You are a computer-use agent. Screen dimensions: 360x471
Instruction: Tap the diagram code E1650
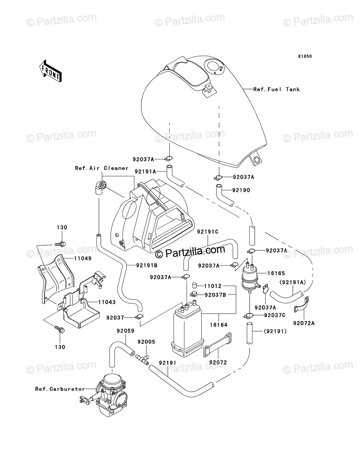(x=305, y=57)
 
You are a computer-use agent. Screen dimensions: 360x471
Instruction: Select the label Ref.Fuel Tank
(x=276, y=89)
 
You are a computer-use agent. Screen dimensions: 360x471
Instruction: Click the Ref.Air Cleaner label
(x=102, y=168)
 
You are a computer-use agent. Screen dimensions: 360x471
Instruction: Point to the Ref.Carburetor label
(x=60, y=389)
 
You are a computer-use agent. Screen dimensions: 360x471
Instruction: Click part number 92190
(x=241, y=190)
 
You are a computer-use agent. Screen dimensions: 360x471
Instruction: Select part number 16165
(x=276, y=273)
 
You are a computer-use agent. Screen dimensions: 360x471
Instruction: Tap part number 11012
(x=213, y=286)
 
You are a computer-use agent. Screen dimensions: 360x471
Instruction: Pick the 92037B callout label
(x=215, y=295)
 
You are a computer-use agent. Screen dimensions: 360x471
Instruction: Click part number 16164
(x=219, y=325)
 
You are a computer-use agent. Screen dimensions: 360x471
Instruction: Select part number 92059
(x=126, y=330)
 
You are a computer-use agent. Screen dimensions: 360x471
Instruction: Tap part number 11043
(x=107, y=302)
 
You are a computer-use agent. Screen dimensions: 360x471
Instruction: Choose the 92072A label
(x=304, y=323)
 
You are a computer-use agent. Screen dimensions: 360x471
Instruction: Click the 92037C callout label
(x=274, y=315)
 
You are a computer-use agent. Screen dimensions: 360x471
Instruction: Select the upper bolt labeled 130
(x=60, y=244)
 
